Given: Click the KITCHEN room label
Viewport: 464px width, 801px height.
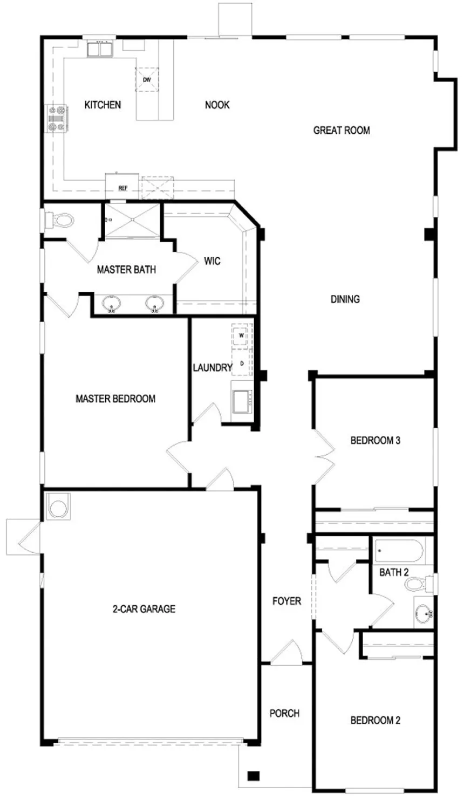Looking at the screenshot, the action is point(103,105).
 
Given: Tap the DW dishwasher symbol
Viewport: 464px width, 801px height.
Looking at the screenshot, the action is point(147,79).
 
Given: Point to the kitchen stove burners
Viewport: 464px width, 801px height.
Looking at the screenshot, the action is point(56,118).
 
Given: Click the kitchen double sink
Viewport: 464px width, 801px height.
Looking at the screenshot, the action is point(100,49).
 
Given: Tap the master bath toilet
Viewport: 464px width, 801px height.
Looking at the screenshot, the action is point(60,220).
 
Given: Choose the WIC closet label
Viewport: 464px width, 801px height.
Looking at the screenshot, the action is point(212,261).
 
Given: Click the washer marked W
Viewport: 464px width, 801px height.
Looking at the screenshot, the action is point(242,336).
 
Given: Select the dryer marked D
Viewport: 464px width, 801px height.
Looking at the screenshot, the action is point(242,363).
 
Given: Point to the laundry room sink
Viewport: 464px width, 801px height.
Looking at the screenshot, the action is point(242,401).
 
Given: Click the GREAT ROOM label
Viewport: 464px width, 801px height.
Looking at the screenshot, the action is point(342,130).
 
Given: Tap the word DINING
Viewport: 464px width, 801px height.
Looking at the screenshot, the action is point(345,299).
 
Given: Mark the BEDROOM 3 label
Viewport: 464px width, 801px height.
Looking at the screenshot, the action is point(376,440).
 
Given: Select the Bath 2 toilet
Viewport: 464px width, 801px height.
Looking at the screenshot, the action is point(419,584).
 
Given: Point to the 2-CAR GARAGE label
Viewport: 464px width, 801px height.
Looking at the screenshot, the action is point(144,608).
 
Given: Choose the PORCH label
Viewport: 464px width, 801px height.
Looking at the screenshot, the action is point(284,713).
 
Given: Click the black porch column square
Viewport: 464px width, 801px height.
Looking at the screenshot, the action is point(254,776).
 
